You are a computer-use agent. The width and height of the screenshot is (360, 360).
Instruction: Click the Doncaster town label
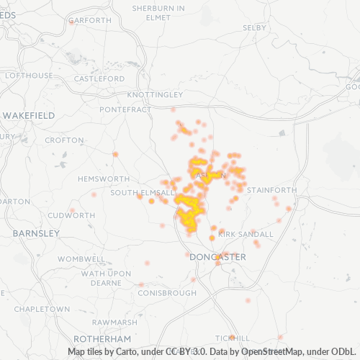point(217,257)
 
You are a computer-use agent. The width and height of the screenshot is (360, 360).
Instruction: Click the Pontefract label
point(125,109)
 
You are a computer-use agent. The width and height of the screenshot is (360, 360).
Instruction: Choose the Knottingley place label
point(155,95)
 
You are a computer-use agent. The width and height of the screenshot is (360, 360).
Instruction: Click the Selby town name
point(254,27)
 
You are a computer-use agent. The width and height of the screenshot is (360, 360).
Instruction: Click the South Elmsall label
point(143,193)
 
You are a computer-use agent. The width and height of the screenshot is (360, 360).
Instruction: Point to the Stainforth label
point(271,190)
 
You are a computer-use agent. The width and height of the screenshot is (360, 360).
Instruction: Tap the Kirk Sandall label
point(246,234)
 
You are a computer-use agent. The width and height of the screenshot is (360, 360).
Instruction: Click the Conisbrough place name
point(166,293)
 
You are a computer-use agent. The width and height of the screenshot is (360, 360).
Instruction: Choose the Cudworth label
point(71,215)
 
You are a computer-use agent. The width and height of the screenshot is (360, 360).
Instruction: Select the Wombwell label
point(81,258)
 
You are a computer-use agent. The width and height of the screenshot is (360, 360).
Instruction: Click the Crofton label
point(64,140)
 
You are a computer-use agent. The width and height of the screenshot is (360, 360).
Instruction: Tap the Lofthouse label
point(29,75)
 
